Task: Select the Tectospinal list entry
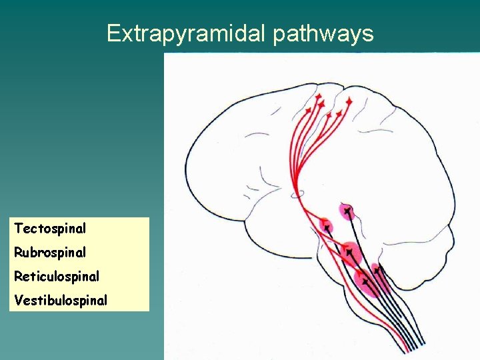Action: (50, 229)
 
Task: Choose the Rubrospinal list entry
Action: (50, 253)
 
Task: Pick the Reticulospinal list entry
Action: (57, 276)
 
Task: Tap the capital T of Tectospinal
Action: (18, 229)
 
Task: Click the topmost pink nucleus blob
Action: (346, 211)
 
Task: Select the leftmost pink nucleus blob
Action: (325, 225)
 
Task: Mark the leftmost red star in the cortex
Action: (308, 108)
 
